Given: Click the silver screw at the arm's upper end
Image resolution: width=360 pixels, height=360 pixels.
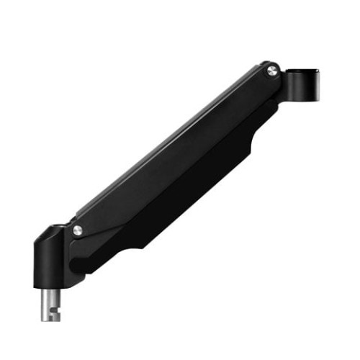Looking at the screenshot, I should [x=271, y=70].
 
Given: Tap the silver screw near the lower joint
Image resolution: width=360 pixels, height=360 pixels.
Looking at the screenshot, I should [x=78, y=230].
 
